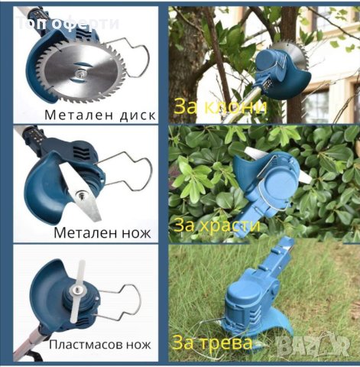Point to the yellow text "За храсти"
(x=217, y=226)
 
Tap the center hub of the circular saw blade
(x=79, y=73)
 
